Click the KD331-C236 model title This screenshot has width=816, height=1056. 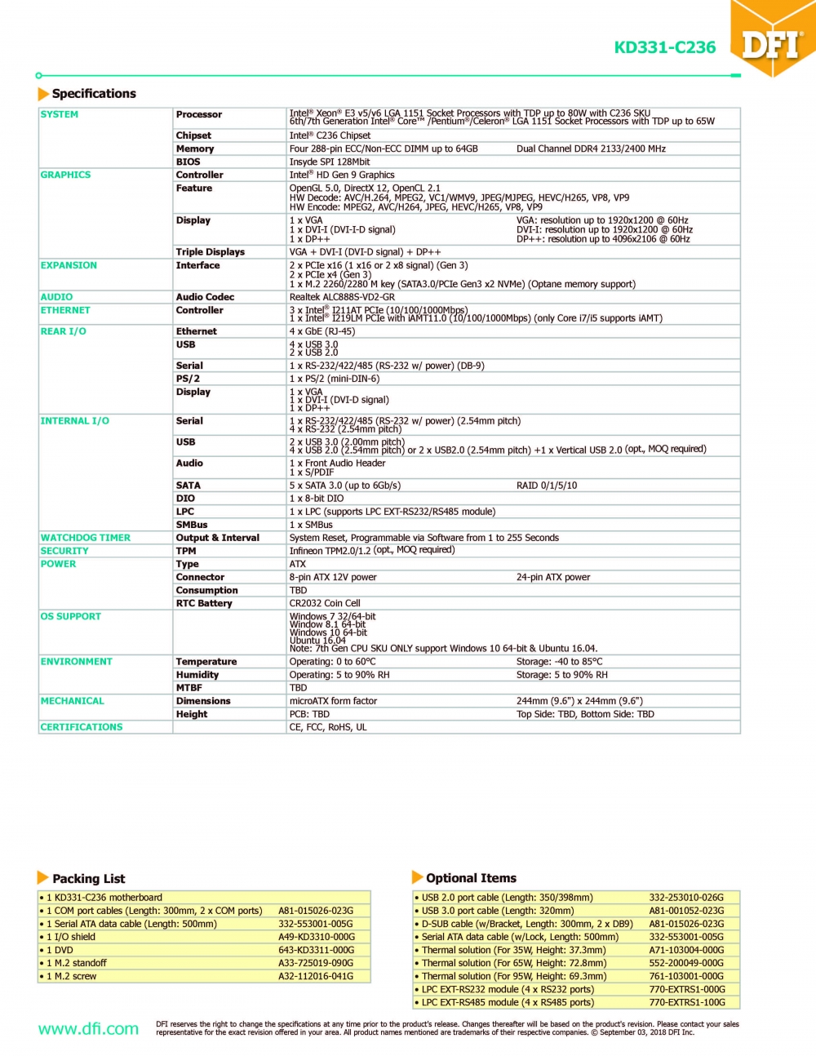point(664,47)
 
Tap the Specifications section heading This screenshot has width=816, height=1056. point(94,94)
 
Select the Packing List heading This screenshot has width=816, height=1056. point(88,878)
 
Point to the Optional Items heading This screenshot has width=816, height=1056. point(471,878)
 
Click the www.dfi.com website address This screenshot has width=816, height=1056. point(88,1028)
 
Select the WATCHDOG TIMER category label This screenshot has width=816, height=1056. point(85,538)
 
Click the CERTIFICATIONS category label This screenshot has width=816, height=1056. point(82,727)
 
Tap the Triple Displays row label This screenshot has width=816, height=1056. point(210,252)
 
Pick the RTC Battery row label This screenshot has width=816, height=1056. point(204,603)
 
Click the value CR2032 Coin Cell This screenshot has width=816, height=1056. point(325,603)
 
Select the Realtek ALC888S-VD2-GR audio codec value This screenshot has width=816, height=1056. point(342,297)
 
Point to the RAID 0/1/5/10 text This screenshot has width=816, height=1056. point(547,486)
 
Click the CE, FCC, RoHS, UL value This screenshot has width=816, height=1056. point(328,727)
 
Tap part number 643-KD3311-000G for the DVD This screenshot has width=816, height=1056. point(316,950)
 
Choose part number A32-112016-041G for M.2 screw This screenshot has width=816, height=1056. point(316,976)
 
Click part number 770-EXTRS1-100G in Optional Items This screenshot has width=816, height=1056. point(687,1002)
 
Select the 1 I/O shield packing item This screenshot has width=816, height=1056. point(71,937)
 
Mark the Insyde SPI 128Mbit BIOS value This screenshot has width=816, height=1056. point(330,162)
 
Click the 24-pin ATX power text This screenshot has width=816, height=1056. point(553,577)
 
